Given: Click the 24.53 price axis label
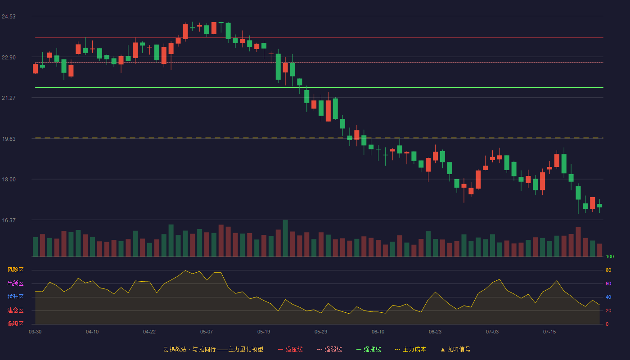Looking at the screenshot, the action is coord(9,17).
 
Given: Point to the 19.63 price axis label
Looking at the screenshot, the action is coord(9,139).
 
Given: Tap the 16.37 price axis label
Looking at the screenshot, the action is coord(9,220).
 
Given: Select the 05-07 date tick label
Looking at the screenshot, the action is coord(207,332).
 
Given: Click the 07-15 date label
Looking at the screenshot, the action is coord(549,332).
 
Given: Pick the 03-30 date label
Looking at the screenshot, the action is coord(35,332).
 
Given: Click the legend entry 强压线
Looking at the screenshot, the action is coord(291,349).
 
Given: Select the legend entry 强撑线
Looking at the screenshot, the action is coord(369,349).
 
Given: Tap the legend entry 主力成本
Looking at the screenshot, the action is coord(410,349).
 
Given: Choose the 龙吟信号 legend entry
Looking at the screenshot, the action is coord(455,349).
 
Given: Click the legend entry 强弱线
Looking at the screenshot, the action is coord(329,349).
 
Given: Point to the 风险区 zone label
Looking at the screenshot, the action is coord(15,270).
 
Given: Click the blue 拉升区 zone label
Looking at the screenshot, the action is coord(15,297).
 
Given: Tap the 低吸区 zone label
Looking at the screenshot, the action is coord(15,324).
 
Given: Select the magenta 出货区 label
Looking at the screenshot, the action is coord(15,283).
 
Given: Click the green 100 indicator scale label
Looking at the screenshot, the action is coord(610,256).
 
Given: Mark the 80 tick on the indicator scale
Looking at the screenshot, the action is coord(608,270).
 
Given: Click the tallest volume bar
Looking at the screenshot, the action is coord(285,238).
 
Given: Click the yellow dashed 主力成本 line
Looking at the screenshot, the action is coord(319,138).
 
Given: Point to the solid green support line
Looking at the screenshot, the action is coord(319,87).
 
